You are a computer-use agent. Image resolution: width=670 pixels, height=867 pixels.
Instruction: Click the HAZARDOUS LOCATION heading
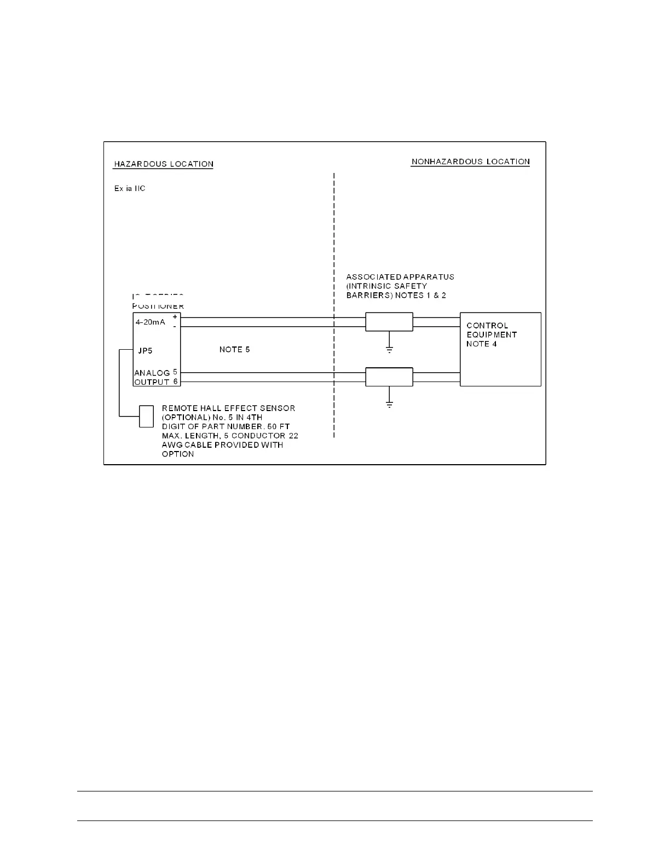(x=163, y=164)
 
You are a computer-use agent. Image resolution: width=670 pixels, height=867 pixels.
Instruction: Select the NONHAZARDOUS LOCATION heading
(x=470, y=161)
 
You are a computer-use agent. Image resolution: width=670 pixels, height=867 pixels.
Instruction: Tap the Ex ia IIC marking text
(x=130, y=188)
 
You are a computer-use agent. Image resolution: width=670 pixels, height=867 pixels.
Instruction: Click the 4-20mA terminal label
(x=150, y=322)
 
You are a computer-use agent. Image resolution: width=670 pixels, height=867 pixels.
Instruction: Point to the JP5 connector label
(x=145, y=350)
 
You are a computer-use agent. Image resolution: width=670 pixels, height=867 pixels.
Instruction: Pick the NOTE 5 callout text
(x=234, y=349)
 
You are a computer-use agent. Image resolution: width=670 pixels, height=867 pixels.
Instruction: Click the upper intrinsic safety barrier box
(x=389, y=322)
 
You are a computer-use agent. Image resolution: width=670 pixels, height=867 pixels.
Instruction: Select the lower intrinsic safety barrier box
(x=389, y=377)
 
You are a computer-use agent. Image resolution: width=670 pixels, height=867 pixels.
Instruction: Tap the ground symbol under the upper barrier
(x=389, y=349)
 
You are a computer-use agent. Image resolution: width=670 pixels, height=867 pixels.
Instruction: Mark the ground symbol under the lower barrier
(x=389, y=405)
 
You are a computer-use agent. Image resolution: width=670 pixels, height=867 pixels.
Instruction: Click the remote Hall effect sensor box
(x=146, y=416)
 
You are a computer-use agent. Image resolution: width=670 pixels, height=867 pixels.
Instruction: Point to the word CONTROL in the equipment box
(x=487, y=326)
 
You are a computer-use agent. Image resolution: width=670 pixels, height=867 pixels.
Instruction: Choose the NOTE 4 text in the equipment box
(x=482, y=344)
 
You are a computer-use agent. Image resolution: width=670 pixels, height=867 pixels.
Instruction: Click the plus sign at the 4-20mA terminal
(x=175, y=317)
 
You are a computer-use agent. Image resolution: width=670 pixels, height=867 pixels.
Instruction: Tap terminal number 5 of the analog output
(x=175, y=372)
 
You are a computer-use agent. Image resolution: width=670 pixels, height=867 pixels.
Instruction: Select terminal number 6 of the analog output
(x=175, y=382)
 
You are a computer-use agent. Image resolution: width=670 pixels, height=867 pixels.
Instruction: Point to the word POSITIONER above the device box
(x=158, y=307)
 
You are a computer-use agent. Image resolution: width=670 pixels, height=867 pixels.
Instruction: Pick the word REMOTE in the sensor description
(x=178, y=408)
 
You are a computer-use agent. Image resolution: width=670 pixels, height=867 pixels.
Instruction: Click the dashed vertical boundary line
(x=334, y=246)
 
